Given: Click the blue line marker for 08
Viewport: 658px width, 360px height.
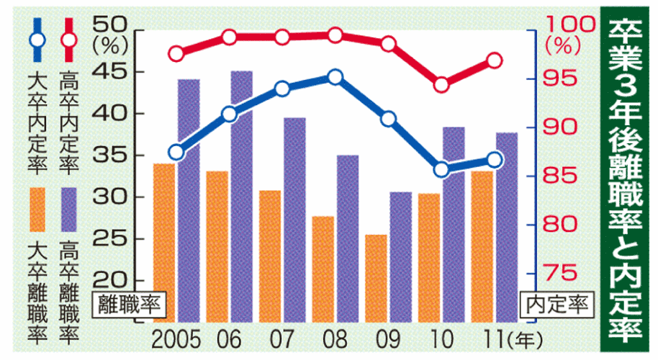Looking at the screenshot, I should click(335, 77).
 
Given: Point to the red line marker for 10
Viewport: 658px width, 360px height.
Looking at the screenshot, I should click(441, 85).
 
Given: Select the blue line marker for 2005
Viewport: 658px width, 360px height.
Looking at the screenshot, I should click(176, 151).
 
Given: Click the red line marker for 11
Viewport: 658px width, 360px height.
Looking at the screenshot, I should click(494, 60).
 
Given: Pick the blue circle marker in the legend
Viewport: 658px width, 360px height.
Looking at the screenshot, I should click(37, 40).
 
